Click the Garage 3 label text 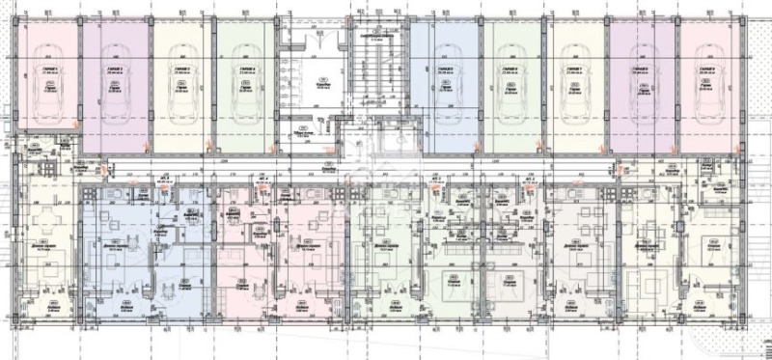coord(179,70)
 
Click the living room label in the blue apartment coord(115,245)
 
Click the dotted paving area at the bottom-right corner coord(743,343)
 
